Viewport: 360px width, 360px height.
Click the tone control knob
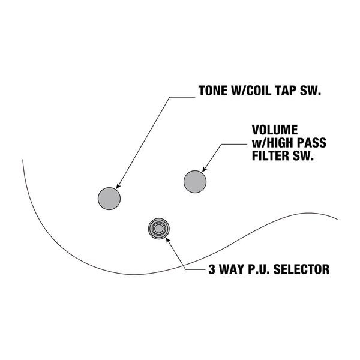pos(109,196)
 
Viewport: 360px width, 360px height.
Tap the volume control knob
pos(195,181)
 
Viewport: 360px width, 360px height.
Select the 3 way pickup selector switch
pos(158,228)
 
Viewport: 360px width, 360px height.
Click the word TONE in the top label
pos(213,92)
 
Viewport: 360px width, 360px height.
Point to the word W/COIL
pos(253,92)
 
